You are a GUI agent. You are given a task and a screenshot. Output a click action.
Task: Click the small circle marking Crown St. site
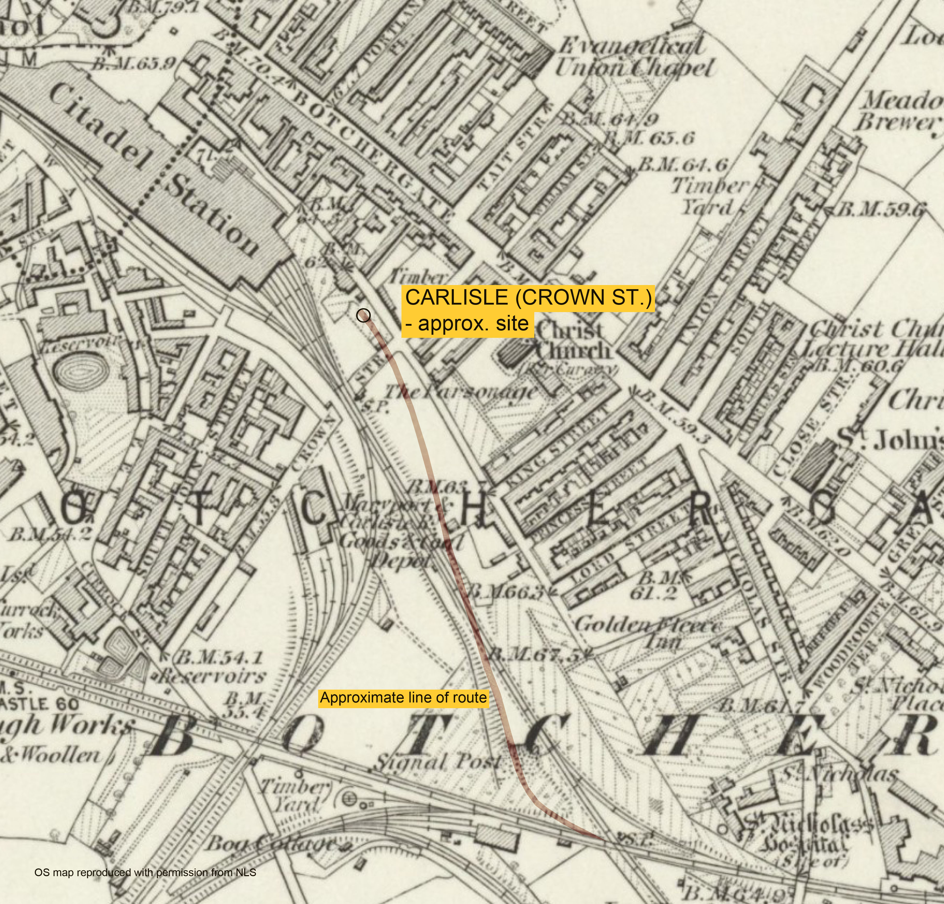pyautogui.click(x=364, y=316)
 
